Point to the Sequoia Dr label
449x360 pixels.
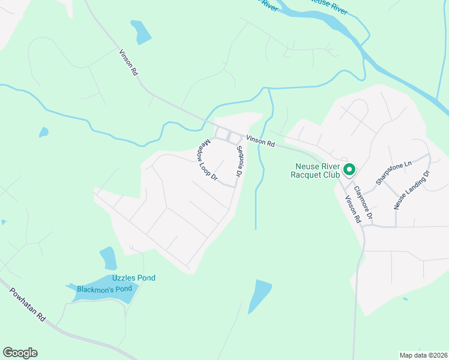(238, 161)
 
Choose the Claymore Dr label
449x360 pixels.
(363, 202)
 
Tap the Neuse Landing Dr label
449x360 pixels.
(412, 190)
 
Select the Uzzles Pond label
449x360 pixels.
(134, 278)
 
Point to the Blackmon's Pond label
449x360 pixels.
(104, 289)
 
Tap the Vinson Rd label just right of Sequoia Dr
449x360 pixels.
(260, 141)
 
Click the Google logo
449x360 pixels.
(20, 353)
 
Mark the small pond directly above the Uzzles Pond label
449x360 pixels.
(108, 258)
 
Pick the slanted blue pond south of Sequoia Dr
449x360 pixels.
(260, 295)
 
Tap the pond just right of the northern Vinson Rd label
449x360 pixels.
(141, 32)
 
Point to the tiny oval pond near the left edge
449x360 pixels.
(43, 131)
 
